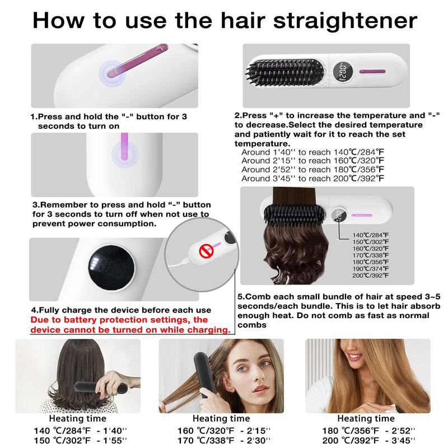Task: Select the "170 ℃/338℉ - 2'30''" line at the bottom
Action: click(x=231, y=440)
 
